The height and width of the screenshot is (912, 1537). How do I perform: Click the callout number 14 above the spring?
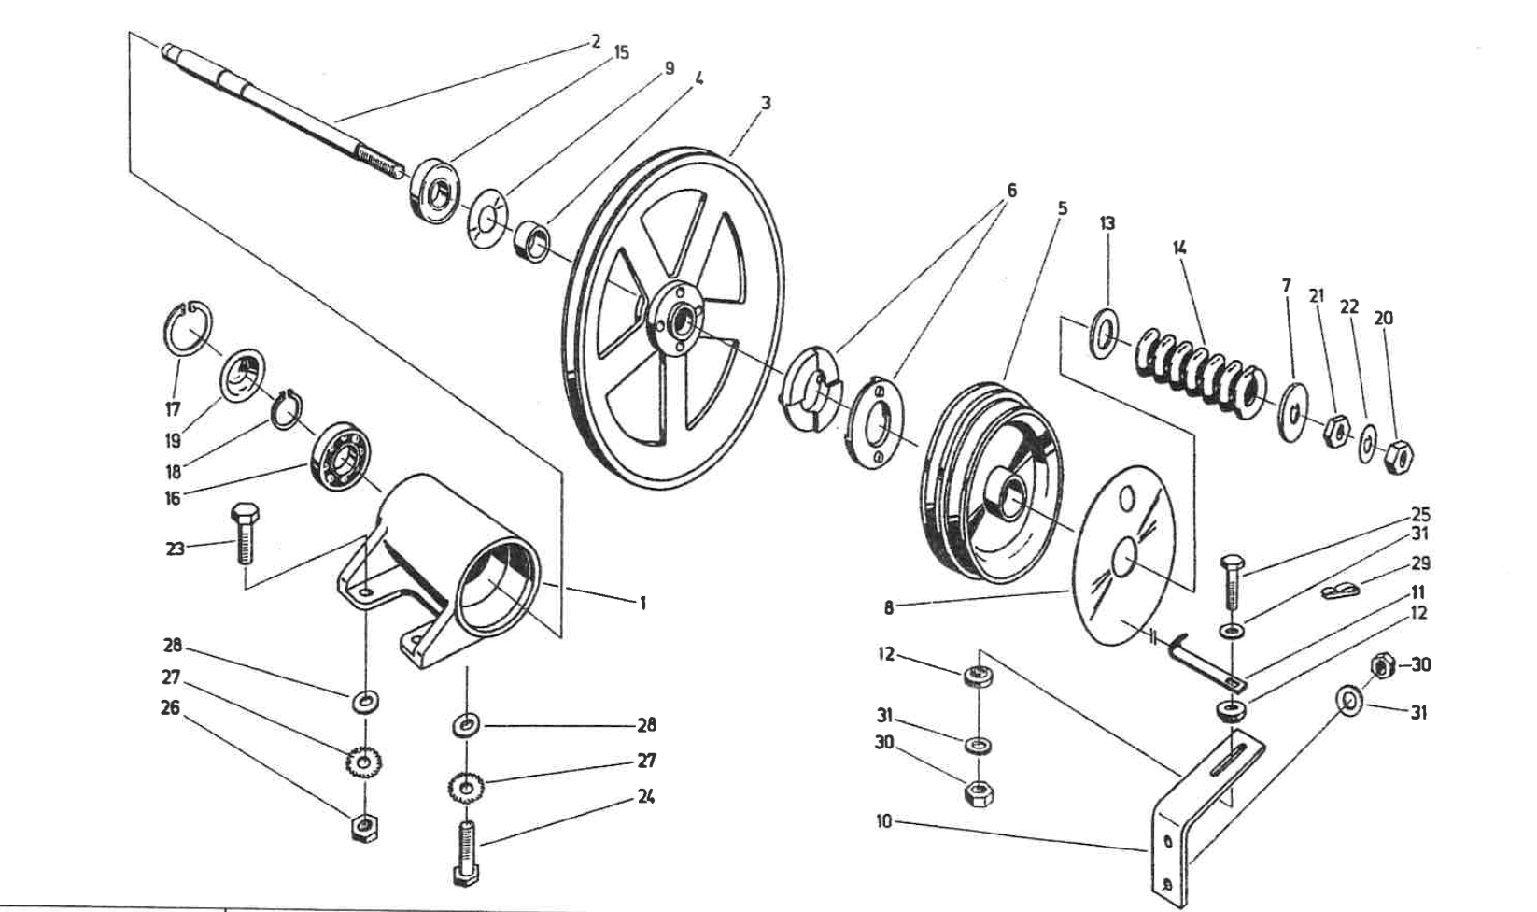point(1179,249)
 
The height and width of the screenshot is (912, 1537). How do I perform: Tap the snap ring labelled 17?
point(187,328)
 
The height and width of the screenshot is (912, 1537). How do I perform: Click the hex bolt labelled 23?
point(243,533)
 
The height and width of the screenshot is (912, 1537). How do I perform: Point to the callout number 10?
point(883,822)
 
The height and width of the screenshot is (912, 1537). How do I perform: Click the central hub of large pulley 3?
point(673,319)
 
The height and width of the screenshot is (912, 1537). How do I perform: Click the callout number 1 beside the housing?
point(642,604)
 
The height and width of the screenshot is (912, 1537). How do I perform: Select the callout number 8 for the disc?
point(888,608)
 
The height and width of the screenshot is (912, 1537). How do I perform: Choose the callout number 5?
point(1063,209)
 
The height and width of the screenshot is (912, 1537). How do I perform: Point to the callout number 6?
point(1011,192)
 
